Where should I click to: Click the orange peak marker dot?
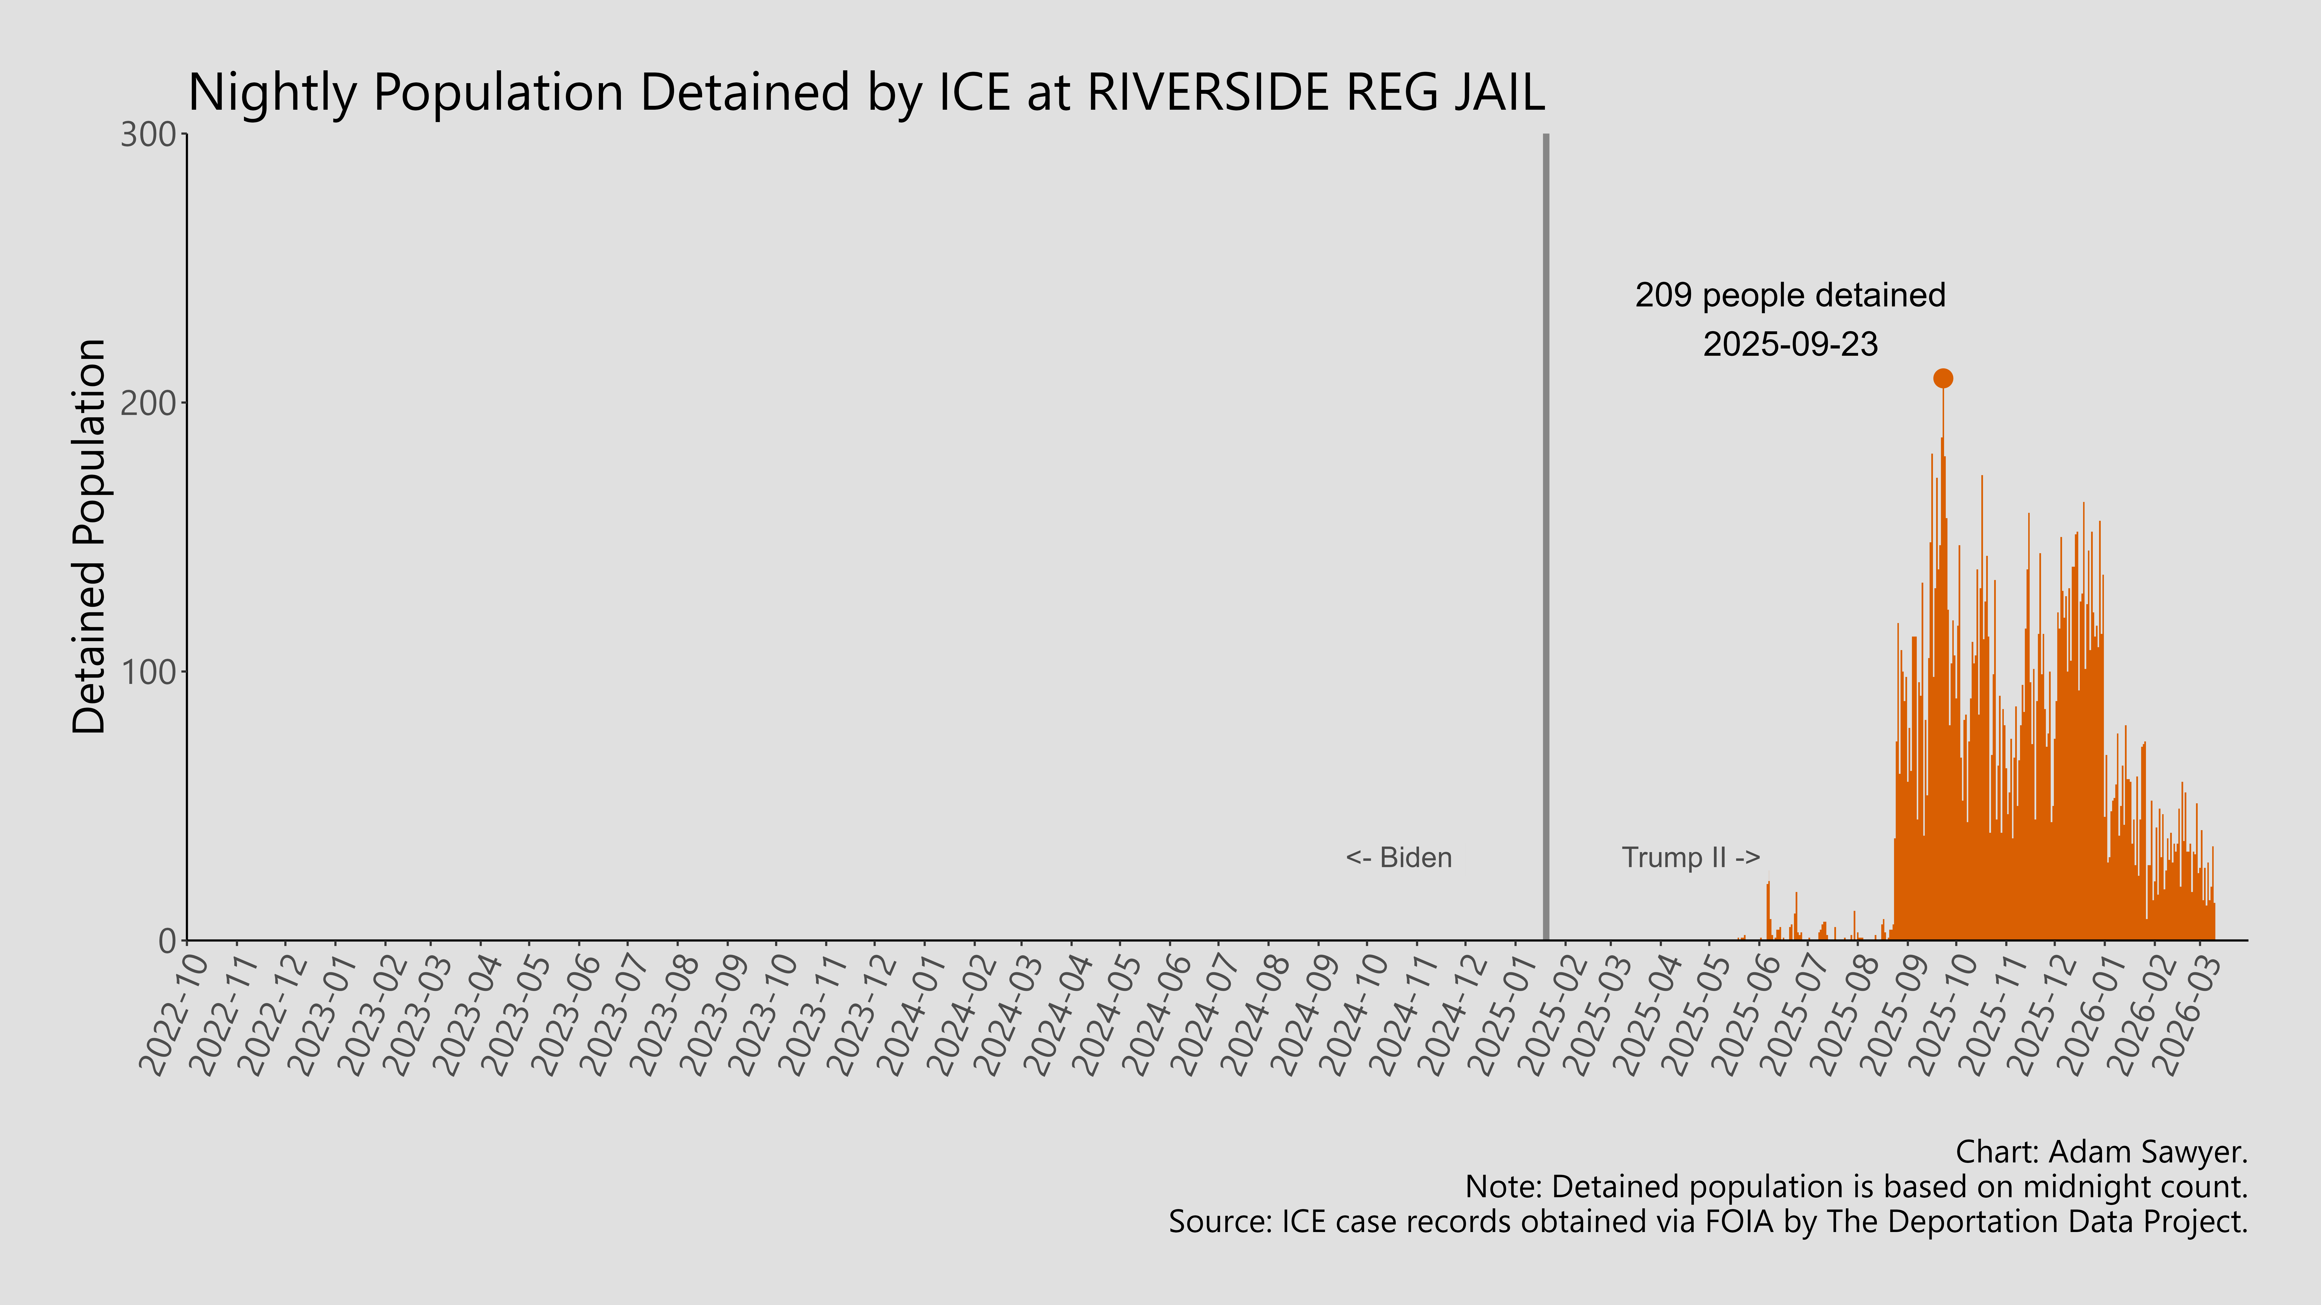[1943, 378]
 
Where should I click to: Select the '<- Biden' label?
[1398, 857]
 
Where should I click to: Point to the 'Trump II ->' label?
[1690, 857]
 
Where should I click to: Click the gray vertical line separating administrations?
[1546, 540]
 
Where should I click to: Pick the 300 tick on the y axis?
[149, 135]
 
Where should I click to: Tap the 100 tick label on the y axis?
[149, 672]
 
